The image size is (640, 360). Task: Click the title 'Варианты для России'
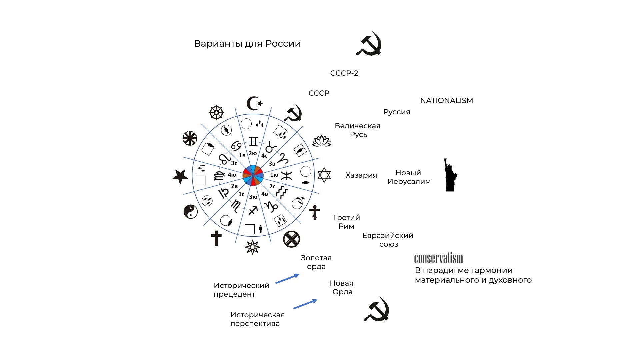coord(247,44)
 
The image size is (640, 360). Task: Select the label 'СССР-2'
coord(344,73)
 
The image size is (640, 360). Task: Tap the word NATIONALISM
coord(447,100)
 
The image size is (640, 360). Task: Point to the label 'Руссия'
coord(397,112)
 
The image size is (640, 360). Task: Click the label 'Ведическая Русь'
coord(358,130)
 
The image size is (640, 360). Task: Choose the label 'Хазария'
coord(361,175)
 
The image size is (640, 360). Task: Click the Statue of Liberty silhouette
coord(450,175)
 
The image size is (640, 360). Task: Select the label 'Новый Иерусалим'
coord(409,177)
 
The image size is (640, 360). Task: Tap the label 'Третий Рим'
coord(346,222)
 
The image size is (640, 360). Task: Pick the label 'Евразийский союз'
coord(388,240)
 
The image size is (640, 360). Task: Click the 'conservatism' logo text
coord(439,258)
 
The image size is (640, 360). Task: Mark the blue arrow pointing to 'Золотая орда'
coord(287,279)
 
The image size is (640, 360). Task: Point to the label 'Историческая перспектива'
coord(257,319)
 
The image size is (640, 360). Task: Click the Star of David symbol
coord(324,175)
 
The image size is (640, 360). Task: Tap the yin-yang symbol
coord(191,211)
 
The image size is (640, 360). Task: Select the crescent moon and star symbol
coord(254,104)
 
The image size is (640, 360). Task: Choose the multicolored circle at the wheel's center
coord(253,175)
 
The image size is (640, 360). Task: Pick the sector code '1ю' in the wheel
coord(274,175)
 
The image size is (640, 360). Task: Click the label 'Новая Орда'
coord(342,288)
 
